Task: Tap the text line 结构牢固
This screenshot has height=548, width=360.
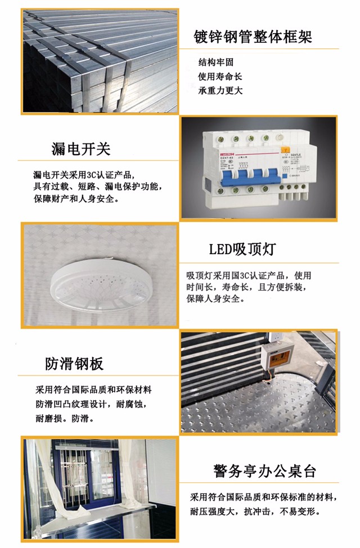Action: [x=215, y=62]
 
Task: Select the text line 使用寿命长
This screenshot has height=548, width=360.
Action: [x=219, y=76]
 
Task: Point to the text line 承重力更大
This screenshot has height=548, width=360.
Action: [x=219, y=90]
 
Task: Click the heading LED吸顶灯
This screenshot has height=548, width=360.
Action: [x=242, y=249]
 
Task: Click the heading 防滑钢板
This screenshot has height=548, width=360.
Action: [x=74, y=364]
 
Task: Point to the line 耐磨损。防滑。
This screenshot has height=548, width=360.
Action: [x=65, y=419]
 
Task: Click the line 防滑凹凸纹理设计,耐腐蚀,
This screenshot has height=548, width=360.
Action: [x=95, y=404]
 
